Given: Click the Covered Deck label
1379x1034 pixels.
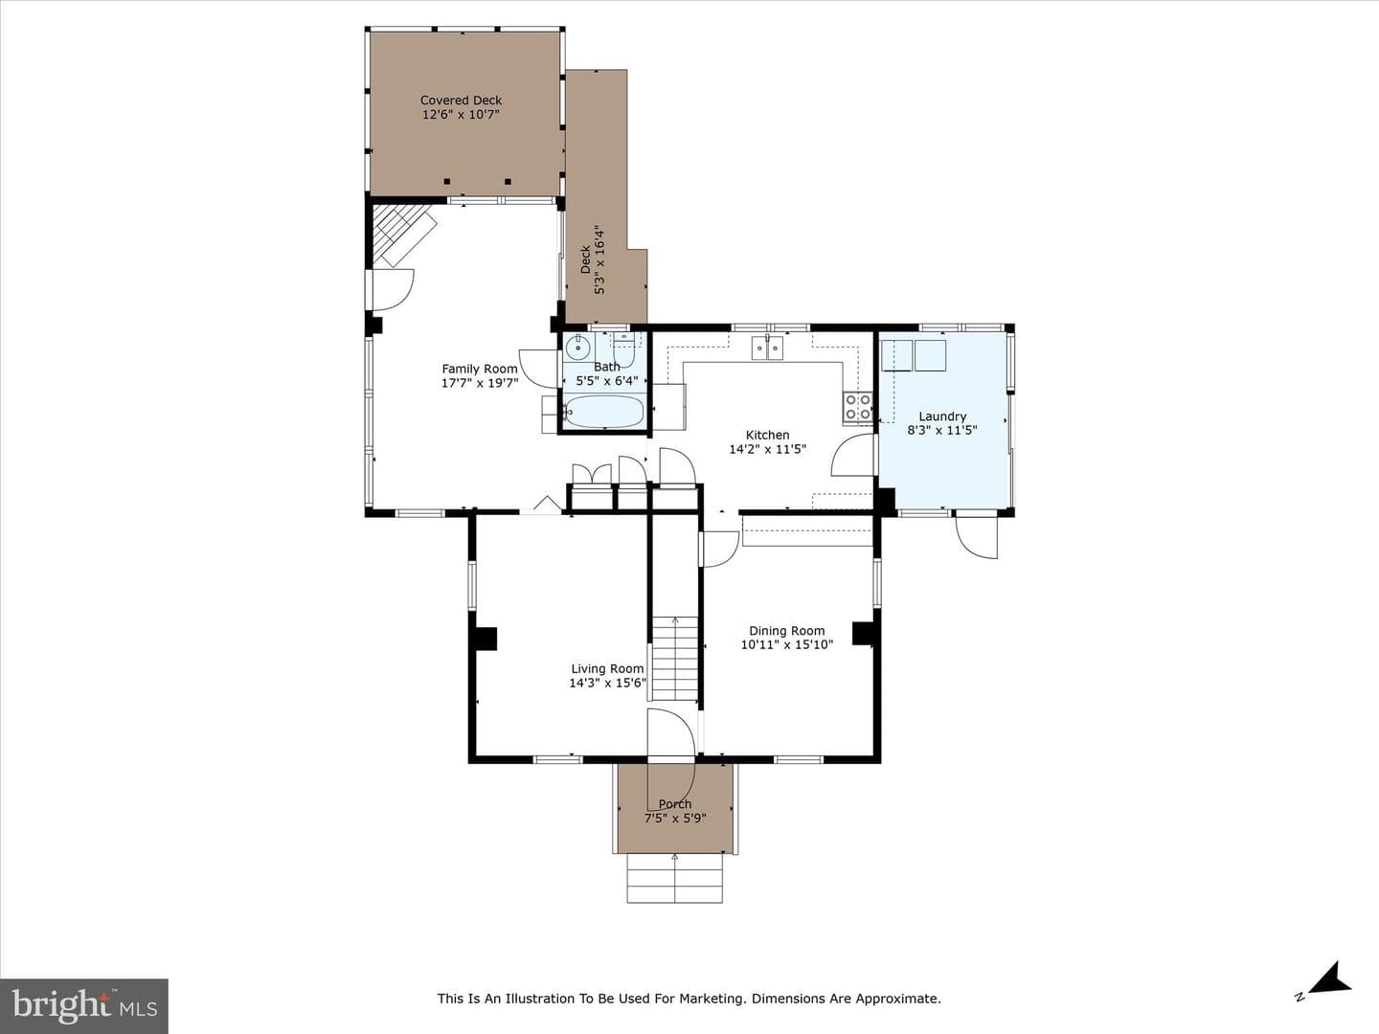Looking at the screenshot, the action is [462, 100].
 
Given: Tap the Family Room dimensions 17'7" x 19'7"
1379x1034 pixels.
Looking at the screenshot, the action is [480, 382].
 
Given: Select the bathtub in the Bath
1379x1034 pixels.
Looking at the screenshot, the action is [603, 412].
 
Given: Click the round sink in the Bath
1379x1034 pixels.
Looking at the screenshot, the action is [576, 347].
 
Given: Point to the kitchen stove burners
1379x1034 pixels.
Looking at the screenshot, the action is [857, 406].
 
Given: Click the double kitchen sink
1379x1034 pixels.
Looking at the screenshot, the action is [767, 348].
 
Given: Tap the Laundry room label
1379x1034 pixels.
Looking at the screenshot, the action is [942, 416].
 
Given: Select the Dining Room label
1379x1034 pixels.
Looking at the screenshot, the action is [786, 631].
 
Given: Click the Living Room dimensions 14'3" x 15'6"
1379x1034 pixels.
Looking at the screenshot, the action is [607, 683].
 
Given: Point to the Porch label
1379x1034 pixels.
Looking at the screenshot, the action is [675, 804].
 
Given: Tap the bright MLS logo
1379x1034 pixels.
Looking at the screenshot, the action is [83, 1005].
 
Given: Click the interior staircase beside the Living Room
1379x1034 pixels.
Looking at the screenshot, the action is [675, 659].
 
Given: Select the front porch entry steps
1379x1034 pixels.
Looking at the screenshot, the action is [675, 878].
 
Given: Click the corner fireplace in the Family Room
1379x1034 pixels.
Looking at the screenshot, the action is [402, 236].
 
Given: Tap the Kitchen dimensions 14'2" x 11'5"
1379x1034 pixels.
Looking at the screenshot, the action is [768, 449].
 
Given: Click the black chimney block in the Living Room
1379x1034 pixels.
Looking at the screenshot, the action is [485, 639].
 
